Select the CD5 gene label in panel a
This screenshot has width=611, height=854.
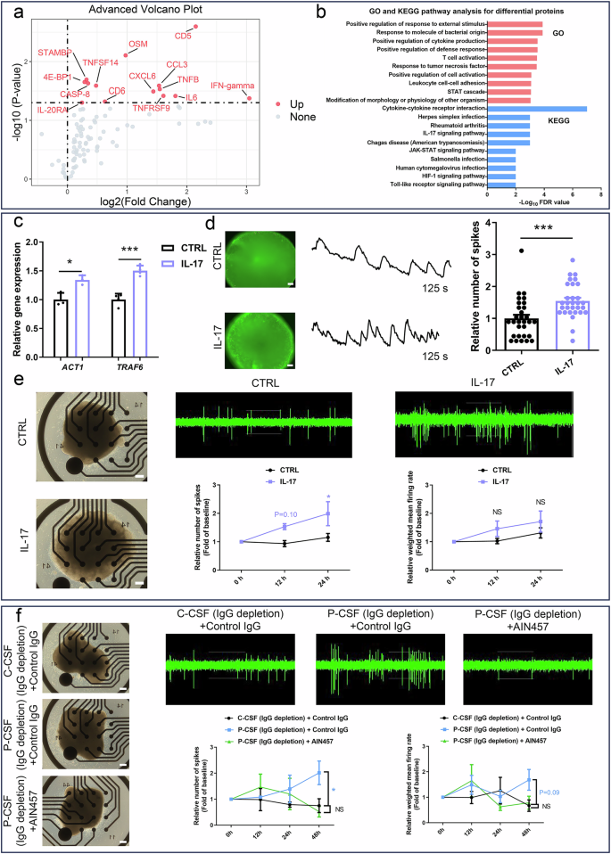[183, 37]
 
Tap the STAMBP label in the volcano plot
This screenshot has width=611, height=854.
[55, 53]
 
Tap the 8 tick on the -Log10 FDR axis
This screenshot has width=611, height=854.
[599, 193]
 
